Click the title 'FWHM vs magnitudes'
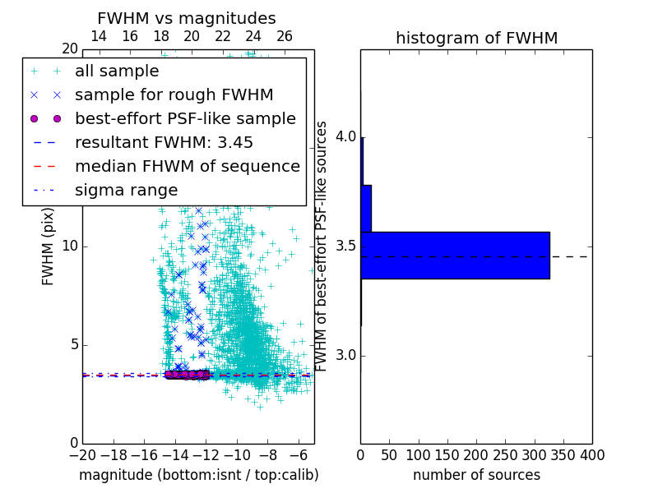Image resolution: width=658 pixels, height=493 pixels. [187, 18]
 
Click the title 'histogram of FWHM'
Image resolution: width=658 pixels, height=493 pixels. [476, 38]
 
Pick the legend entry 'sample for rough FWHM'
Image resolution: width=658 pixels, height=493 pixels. [174, 95]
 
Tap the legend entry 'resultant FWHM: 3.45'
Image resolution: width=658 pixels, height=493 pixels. [164, 143]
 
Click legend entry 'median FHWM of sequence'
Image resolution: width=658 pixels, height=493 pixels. [187, 167]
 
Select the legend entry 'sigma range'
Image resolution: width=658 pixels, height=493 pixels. [126, 191]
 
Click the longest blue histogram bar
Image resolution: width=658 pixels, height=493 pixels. [455, 256]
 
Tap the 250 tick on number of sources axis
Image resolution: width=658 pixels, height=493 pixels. [505, 454]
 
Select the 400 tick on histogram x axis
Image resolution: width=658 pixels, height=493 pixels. [592, 454]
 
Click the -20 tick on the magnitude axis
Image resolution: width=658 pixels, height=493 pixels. [82, 454]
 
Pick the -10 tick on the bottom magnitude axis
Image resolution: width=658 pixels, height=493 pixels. [237, 454]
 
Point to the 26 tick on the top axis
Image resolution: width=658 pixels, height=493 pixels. [285, 36]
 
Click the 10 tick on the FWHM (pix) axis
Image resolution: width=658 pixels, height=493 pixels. [70, 246]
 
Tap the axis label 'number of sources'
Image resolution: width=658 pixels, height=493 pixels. [476, 475]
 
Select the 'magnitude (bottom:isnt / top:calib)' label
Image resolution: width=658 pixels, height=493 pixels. [198, 475]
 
